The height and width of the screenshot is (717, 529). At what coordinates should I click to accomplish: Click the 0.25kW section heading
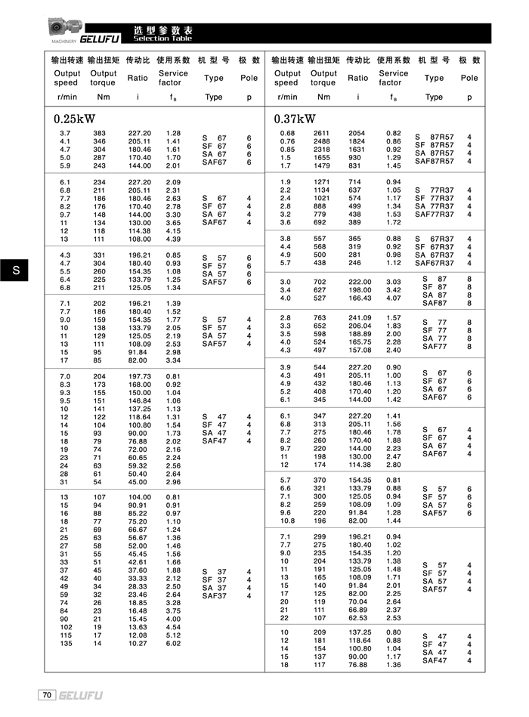75,119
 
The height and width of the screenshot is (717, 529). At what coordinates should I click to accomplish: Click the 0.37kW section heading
295,119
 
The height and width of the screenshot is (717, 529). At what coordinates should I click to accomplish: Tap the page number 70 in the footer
47,694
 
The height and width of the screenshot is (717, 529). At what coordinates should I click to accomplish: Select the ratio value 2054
357,133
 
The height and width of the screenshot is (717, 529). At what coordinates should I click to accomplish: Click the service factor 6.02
173,644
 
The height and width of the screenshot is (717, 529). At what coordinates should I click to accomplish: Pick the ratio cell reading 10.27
139,644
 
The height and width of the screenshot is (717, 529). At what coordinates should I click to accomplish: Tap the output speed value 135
66,644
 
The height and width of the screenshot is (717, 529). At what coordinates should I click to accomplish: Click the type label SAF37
215,596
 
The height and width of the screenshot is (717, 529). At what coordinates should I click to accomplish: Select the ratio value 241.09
360,317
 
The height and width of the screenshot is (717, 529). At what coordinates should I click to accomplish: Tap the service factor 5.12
173,635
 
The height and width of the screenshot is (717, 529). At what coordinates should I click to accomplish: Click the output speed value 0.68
287,133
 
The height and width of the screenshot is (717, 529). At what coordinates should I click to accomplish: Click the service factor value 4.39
173,239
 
